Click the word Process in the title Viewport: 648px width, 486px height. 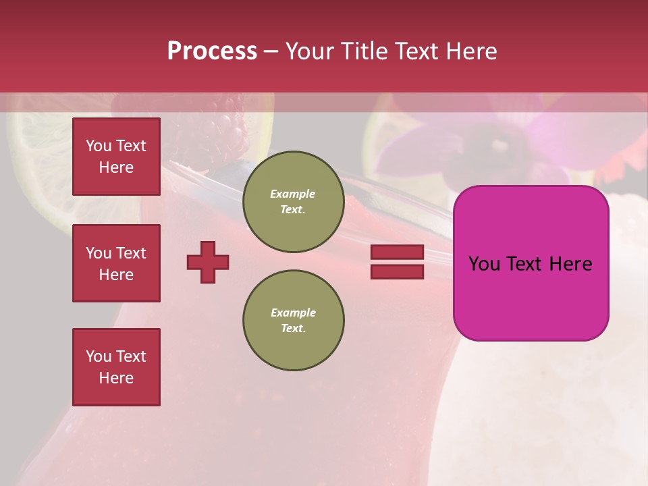(x=212, y=51)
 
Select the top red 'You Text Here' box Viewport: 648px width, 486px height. (x=116, y=157)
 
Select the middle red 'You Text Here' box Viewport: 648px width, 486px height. (x=116, y=263)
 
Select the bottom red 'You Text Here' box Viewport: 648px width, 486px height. (x=116, y=367)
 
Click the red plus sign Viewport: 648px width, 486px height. (x=208, y=262)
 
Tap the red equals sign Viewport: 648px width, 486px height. (x=397, y=262)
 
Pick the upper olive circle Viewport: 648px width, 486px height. (x=293, y=202)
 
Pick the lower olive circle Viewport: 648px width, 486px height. (x=293, y=321)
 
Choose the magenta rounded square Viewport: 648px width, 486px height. (x=531, y=263)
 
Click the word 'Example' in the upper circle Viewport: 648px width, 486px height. (x=292, y=194)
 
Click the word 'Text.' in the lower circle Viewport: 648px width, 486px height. (x=293, y=329)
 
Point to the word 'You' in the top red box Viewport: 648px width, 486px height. (x=99, y=146)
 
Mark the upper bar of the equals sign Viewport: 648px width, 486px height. (x=397, y=252)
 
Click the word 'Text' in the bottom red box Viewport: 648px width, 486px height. (x=131, y=356)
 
